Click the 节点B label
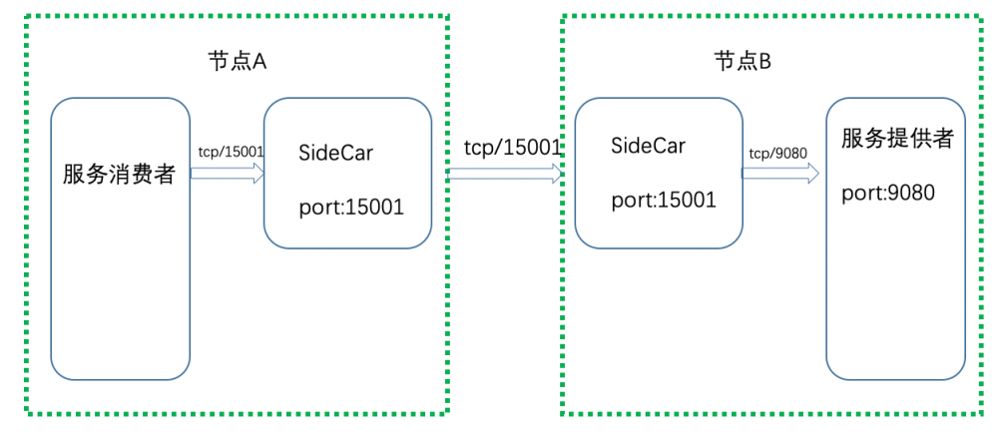743,61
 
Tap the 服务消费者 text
119,176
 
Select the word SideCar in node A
336,153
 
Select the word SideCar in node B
648,146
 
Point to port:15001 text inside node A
350,208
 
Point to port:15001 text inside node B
664,200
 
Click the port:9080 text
888,193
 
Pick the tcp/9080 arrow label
778,152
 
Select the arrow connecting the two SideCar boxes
505,174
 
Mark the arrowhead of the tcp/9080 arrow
812,171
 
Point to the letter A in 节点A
259,61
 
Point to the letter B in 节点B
765,61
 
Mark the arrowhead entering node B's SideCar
557,174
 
